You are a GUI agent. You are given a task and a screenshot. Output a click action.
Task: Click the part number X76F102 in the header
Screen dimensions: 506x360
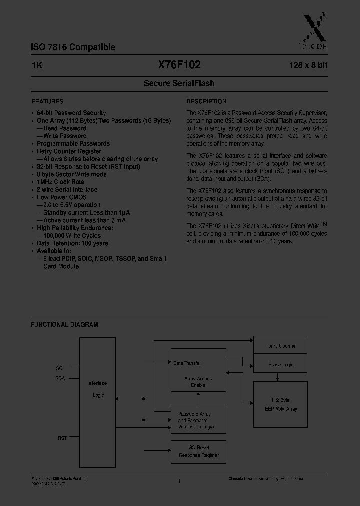[179, 65]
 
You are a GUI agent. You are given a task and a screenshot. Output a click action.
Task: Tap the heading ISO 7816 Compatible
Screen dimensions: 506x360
[73, 47]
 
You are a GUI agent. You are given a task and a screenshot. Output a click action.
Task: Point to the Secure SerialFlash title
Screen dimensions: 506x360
[179, 84]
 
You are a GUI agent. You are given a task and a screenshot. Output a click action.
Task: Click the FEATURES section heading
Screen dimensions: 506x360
[47, 101]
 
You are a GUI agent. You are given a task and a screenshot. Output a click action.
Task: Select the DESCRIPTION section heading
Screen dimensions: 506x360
[206, 101]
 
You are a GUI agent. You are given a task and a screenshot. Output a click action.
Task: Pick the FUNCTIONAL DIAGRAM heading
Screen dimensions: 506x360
[64, 325]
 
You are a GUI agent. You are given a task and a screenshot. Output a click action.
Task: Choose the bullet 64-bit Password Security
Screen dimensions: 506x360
[71, 113]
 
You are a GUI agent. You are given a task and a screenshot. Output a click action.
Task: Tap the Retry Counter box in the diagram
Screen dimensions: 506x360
[280, 346]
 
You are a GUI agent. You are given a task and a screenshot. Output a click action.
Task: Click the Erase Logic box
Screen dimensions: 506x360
[280, 365]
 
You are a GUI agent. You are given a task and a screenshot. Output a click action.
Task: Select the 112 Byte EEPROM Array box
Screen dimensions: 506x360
[280, 404]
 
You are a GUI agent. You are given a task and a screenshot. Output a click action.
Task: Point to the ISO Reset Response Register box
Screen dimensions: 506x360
[198, 451]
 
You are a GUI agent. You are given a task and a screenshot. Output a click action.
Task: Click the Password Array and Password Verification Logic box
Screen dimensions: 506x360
[198, 420]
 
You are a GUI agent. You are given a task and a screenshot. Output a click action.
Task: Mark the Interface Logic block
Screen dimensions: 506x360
[97, 389]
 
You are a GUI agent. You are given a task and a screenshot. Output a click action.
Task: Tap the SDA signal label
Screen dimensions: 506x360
[60, 379]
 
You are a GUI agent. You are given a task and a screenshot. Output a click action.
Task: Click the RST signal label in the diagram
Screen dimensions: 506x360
[62, 438]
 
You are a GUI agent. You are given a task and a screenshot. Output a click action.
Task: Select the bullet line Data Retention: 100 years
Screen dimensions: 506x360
[72, 243]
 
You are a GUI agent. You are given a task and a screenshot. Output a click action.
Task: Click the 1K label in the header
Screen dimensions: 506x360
[37, 65]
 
